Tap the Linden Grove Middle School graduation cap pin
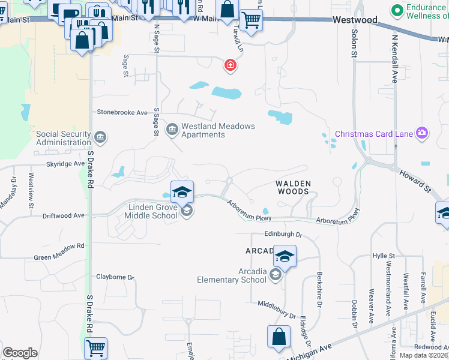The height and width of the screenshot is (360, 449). [182, 193]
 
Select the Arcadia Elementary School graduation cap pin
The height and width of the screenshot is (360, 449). [285, 257]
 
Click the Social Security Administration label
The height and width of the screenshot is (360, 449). [64, 138]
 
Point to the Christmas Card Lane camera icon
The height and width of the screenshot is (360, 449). [423, 133]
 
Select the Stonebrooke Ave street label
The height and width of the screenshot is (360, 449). [122, 112]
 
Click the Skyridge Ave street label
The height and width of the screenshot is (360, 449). [66, 163]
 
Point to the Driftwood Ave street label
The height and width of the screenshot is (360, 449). [63, 215]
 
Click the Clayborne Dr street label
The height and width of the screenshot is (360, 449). [115, 277]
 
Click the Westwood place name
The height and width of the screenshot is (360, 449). [356, 20]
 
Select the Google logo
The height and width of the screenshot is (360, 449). [20, 353]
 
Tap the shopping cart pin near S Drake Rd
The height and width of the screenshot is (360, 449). [96, 347]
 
